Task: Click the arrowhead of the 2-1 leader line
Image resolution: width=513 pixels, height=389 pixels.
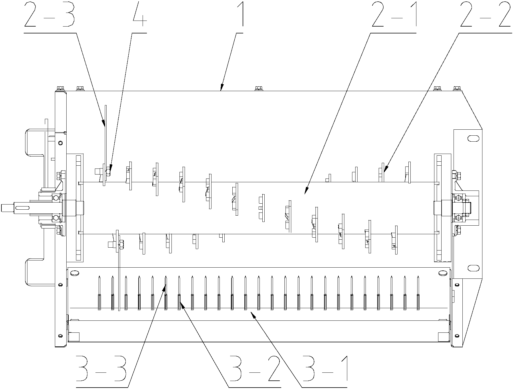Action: pyautogui.click(x=305, y=193)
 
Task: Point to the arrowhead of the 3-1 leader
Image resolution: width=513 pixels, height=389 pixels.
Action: pyautogui.click(x=252, y=313)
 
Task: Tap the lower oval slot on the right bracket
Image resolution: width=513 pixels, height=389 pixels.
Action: pyautogui.click(x=473, y=268)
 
